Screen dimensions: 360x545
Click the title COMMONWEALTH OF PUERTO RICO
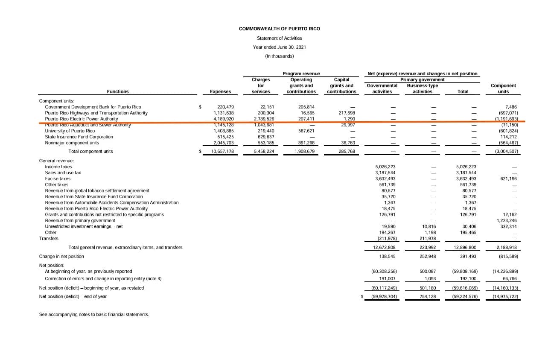point(279,29)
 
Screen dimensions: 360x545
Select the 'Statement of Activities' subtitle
point(279,38)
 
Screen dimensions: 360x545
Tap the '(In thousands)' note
point(279,56)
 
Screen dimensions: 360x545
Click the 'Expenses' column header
point(220,91)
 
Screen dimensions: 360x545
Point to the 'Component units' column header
point(503,88)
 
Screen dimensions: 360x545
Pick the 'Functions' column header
point(118,91)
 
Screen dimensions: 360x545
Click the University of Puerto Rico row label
point(70,131)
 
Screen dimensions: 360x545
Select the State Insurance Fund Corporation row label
point(79,137)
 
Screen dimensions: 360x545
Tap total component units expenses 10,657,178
point(222,151)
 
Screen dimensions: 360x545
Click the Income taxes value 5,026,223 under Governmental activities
point(385,167)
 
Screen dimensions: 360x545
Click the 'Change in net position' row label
point(61,256)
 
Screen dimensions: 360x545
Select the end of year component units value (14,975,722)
point(505,296)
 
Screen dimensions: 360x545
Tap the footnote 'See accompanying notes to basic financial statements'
point(94,314)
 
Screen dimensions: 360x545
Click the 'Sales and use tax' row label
point(63,173)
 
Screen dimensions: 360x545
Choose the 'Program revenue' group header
point(301,73)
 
